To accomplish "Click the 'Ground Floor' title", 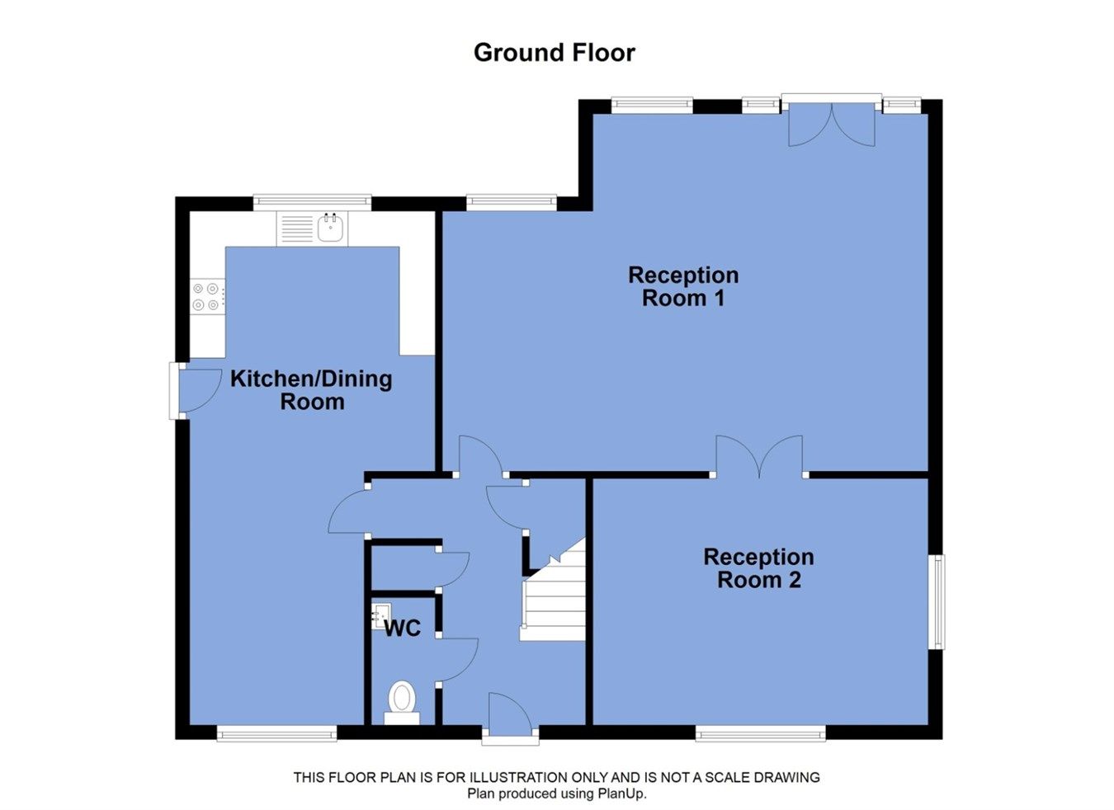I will [x=554, y=53].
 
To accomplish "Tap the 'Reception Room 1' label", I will [x=683, y=286].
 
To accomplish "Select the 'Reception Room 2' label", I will [x=758, y=568].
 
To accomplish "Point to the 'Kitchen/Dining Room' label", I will [x=311, y=390].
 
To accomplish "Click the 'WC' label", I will [x=403, y=629].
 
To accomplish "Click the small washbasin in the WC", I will [x=381, y=614].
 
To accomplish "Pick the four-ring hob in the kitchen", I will [x=206, y=297].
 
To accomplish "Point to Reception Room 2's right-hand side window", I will [x=938, y=601].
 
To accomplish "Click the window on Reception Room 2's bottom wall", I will [x=760, y=732].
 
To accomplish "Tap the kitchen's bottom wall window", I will [x=276, y=732].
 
